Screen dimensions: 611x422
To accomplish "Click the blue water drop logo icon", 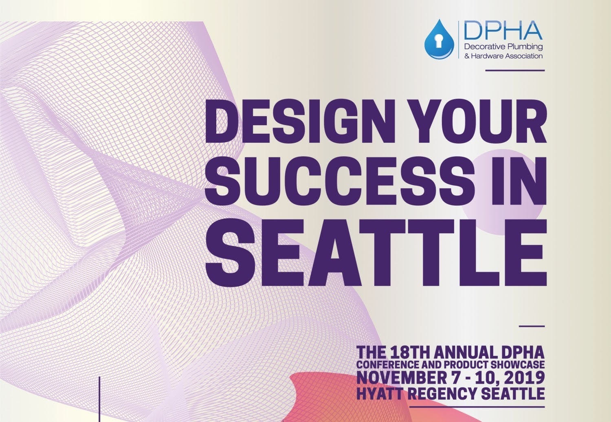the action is [x=439, y=40].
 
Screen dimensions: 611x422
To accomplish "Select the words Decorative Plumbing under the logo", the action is [x=503, y=47].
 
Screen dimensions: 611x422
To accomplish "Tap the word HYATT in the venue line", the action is [x=376, y=393].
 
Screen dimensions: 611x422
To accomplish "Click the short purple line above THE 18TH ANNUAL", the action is [x=532, y=326].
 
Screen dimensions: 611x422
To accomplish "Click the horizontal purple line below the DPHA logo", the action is [x=515, y=71].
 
